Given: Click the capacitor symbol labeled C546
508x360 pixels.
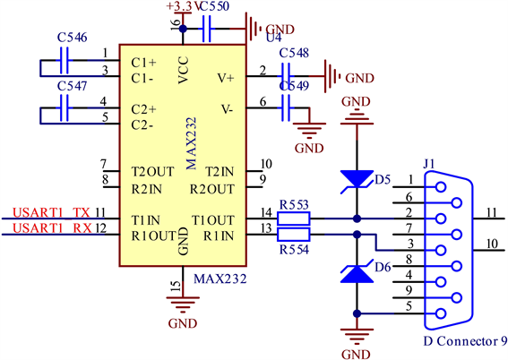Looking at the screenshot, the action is (65, 61).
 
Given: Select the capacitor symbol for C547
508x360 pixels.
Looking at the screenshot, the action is (65, 107).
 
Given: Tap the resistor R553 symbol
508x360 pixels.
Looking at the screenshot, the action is (294, 219).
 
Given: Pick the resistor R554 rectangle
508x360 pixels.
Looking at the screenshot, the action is (294, 235).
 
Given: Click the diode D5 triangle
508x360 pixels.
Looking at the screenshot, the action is (357, 179).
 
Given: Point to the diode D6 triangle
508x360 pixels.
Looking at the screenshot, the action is (357, 274).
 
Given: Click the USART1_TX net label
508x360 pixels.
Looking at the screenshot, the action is (51, 213).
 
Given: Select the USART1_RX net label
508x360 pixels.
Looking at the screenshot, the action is (52, 228).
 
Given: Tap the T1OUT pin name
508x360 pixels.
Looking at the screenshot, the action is (213, 220).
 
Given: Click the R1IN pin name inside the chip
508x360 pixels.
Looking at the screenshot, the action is (219, 236).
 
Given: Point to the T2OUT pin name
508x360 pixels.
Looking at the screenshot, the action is (152, 172).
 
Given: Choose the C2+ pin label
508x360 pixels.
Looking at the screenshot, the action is (143, 109).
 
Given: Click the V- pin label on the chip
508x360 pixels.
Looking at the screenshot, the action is (227, 109).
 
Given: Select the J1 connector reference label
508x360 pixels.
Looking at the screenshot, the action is (428, 164).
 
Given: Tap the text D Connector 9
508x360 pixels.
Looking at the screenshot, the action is (465, 341).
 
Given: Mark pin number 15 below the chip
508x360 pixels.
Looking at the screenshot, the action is (176, 287).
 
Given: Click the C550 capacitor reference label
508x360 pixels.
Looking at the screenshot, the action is (215, 6).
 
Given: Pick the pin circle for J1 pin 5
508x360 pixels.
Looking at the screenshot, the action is (441, 313).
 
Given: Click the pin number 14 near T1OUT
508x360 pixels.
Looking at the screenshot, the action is (266, 213).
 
